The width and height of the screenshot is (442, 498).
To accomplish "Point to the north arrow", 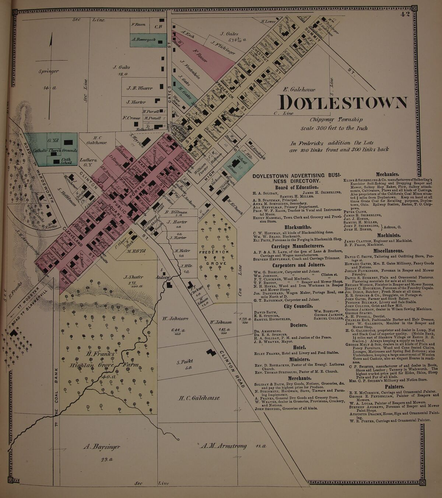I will tap(51, 55).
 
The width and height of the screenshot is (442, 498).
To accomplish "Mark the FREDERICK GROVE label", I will tap(214, 255).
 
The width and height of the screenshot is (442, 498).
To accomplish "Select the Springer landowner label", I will tap(49, 71).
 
